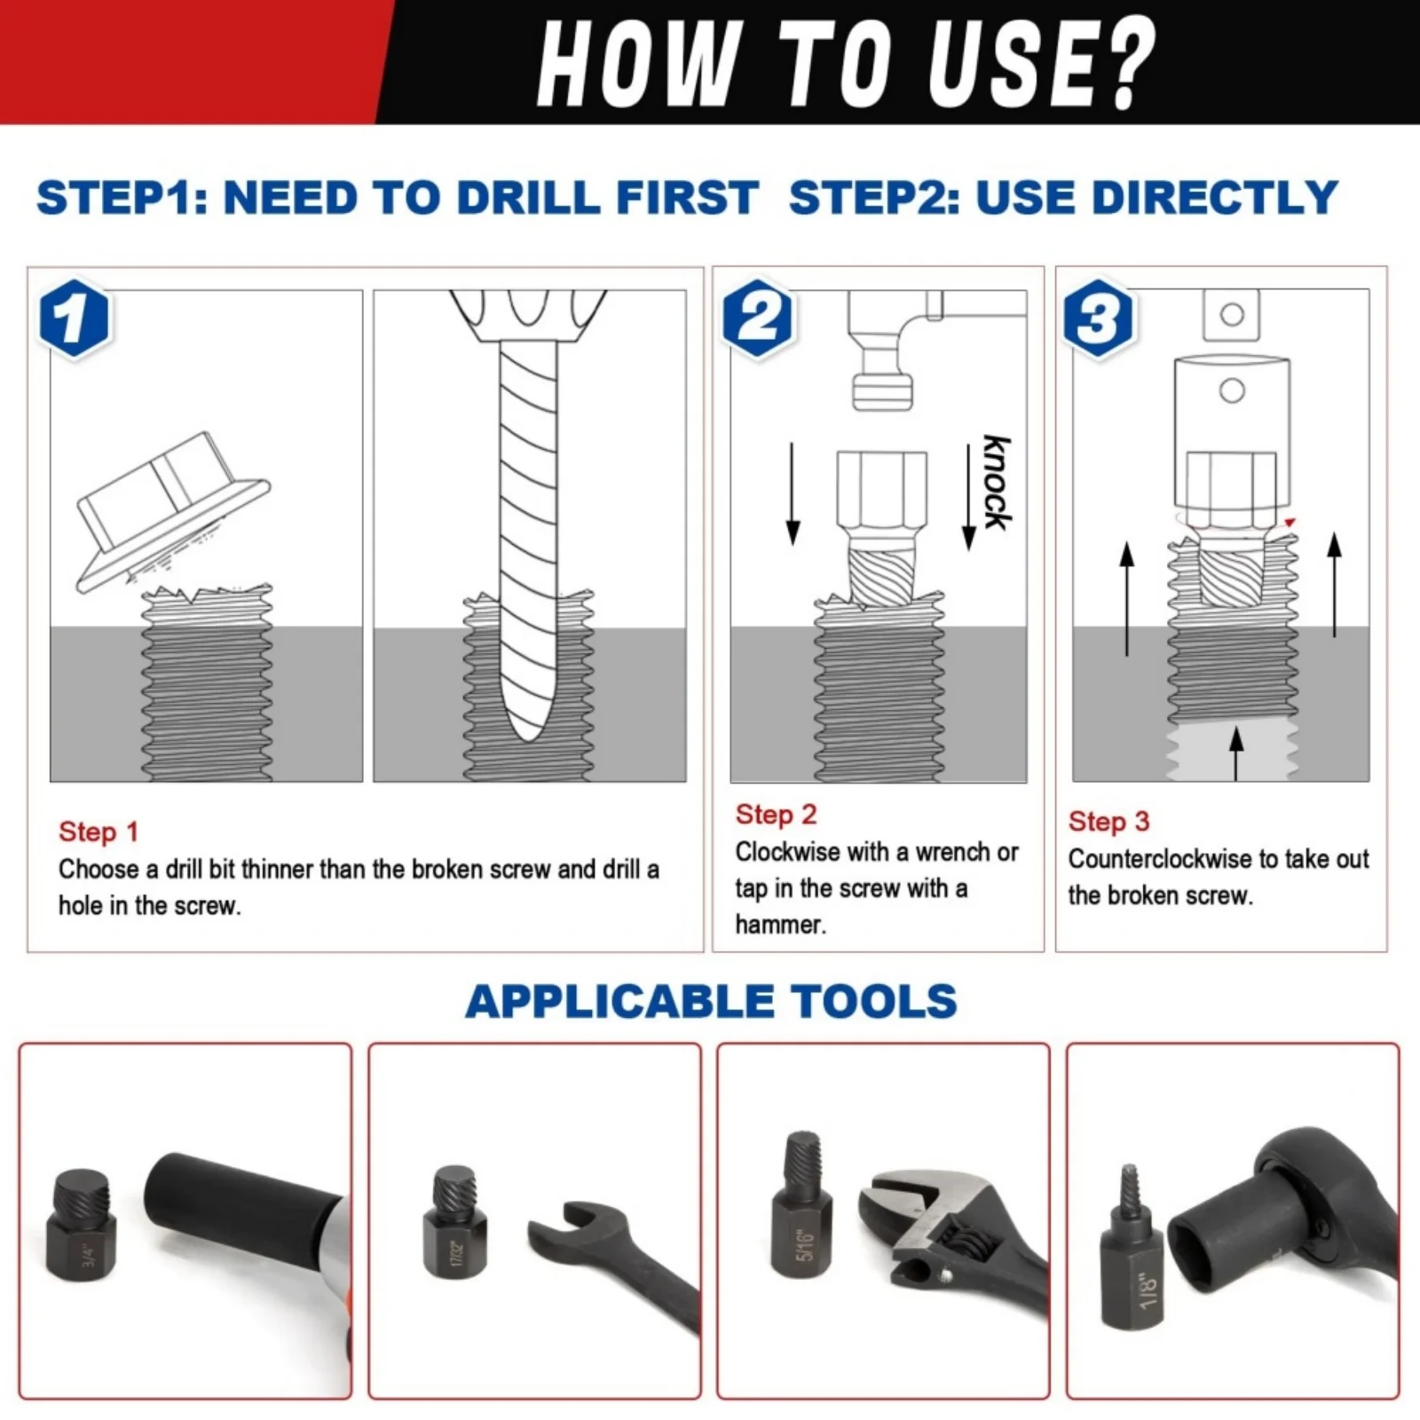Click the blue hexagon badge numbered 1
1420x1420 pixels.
pos(75,318)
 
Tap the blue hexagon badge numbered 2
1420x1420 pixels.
pos(758,318)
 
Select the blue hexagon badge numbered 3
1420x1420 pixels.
pos(1099,318)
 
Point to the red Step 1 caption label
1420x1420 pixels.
pos(99,832)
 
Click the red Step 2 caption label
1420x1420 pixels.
pos(776,815)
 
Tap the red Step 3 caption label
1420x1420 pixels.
pos(1108,822)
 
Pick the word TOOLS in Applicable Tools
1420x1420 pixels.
pos(874,1001)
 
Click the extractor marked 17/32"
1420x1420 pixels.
pos(454,1222)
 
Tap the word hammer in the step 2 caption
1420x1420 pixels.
pos(778,925)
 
